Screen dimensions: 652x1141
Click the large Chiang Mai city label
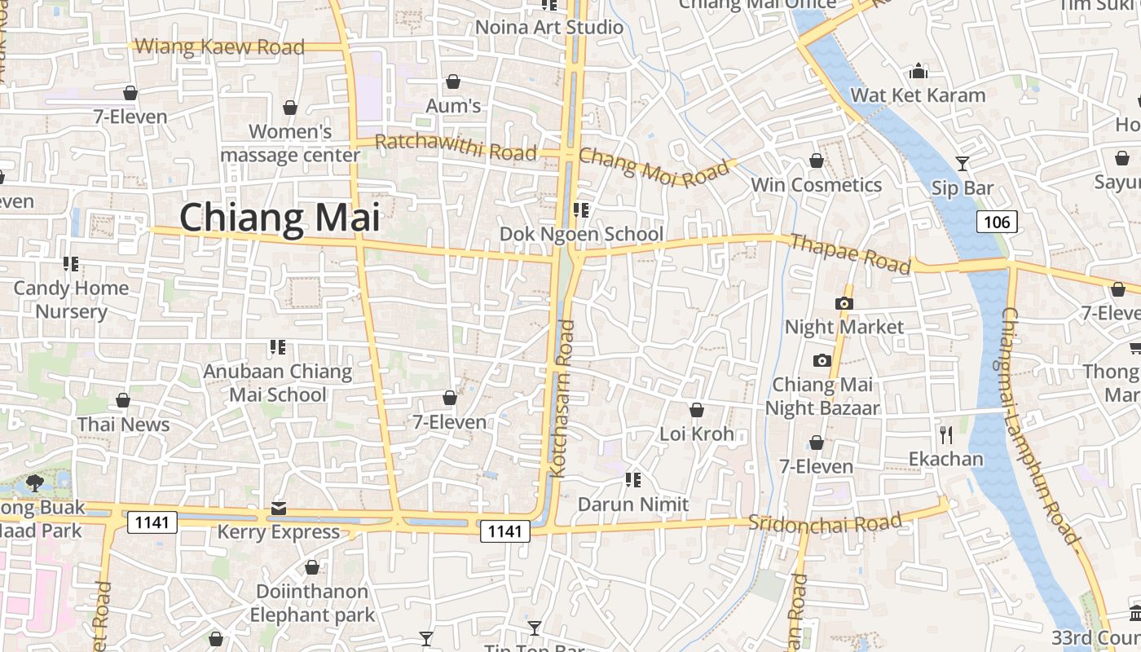coord(280,218)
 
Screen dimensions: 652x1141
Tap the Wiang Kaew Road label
coord(219,47)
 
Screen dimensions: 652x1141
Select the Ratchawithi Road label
coord(456,148)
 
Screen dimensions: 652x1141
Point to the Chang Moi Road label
coord(654,166)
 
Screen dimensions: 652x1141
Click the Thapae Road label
coord(850,253)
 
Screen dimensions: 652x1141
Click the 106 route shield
coord(997,222)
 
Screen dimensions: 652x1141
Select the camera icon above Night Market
coord(844,304)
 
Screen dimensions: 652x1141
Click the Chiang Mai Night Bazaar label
coord(822,396)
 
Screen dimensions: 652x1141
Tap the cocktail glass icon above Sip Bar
coord(963,164)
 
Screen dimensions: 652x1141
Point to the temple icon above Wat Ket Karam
coord(919,71)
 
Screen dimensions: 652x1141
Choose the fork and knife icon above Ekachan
coord(945,434)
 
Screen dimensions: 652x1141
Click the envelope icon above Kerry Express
coord(279,509)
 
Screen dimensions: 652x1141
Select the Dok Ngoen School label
coord(581,235)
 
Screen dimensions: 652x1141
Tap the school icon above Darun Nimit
coord(633,480)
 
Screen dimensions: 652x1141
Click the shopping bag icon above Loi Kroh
coord(697,410)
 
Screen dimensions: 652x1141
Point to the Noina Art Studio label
coord(549,27)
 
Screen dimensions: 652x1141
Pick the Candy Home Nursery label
coord(71,300)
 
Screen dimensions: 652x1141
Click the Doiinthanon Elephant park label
coord(312,603)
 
